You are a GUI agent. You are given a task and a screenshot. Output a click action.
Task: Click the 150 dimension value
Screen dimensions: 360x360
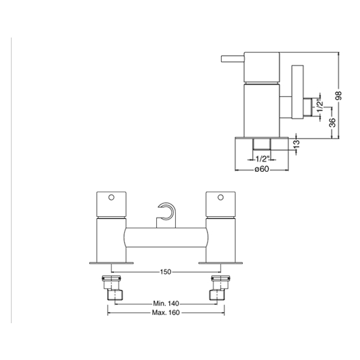tap(166, 272)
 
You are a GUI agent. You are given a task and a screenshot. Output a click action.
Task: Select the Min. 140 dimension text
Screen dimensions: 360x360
tap(166, 303)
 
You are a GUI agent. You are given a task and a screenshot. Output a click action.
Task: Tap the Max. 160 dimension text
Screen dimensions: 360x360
tap(166, 313)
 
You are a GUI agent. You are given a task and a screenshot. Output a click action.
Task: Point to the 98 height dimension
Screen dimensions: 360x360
tap(338, 95)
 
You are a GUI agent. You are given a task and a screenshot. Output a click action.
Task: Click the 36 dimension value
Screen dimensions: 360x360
tap(332, 123)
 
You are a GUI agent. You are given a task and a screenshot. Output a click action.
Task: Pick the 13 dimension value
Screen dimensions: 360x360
tap(297, 144)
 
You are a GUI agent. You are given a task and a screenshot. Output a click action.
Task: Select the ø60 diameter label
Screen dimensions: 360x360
tap(262, 169)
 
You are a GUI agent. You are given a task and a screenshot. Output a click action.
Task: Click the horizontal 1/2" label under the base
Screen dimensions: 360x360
tap(262, 159)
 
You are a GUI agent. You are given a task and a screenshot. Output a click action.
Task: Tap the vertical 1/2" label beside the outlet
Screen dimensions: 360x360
tap(320, 105)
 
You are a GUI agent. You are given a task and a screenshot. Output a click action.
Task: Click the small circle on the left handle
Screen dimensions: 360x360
tap(111, 198)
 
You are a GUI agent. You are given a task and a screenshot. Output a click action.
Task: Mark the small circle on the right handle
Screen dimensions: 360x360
tap(221, 198)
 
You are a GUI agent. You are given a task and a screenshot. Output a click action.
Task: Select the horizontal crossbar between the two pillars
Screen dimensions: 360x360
tap(166, 237)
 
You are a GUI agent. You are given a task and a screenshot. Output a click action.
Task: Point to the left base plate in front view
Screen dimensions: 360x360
tap(111, 263)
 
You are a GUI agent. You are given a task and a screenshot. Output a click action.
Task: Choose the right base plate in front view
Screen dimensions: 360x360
tap(221, 263)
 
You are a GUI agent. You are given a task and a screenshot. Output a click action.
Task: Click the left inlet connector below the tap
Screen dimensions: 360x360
tap(112, 288)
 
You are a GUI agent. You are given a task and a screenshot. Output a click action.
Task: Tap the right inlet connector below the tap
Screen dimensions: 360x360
tap(220, 288)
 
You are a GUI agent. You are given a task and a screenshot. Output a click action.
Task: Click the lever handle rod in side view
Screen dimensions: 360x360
tap(232, 59)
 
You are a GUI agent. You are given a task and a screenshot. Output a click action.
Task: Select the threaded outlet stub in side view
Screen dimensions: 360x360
tap(307, 107)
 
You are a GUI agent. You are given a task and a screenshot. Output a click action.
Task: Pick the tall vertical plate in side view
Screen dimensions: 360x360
tap(297, 92)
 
